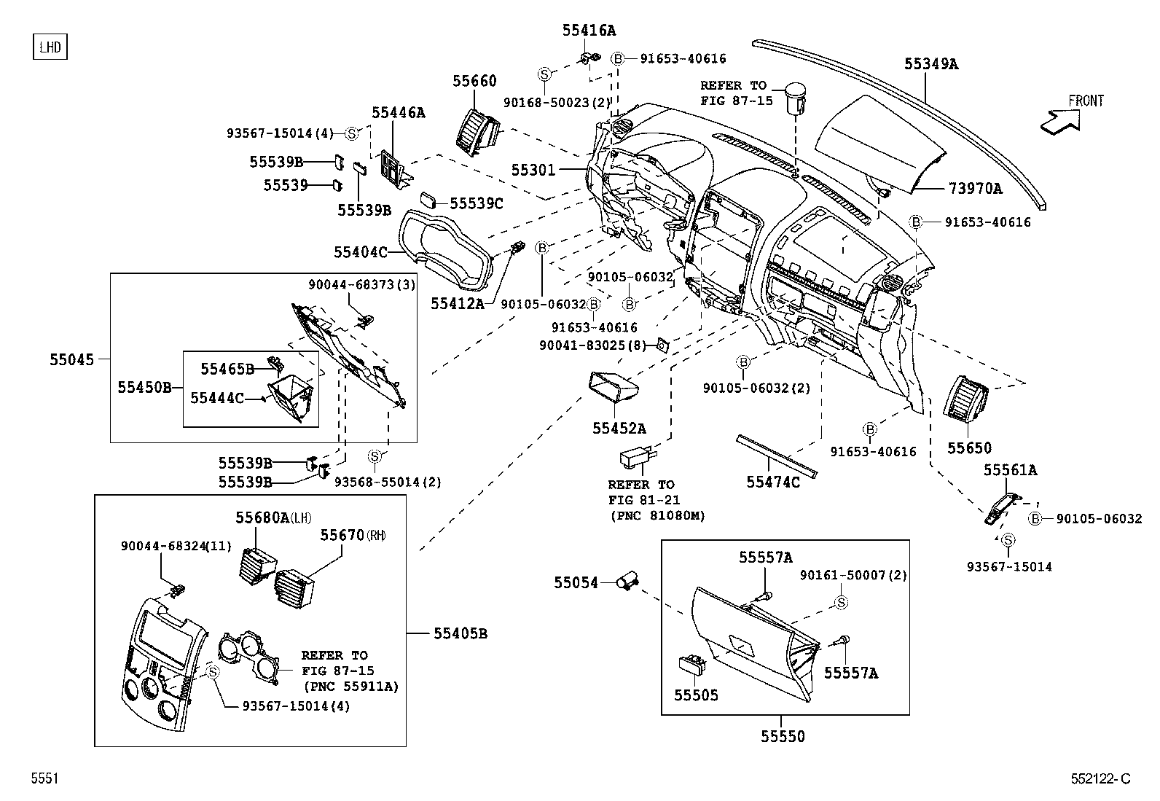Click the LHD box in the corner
(50, 47)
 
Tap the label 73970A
(975, 189)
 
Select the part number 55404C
(360, 252)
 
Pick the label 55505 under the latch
(696, 695)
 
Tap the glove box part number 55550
(783, 736)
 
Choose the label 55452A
(619, 429)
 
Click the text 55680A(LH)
(273, 517)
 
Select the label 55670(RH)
(352, 535)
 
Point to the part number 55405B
(460, 633)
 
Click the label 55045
(72, 359)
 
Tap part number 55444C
(217, 398)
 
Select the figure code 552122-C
(1100, 778)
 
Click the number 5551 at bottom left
(44, 778)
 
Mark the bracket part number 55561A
(1010, 470)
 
